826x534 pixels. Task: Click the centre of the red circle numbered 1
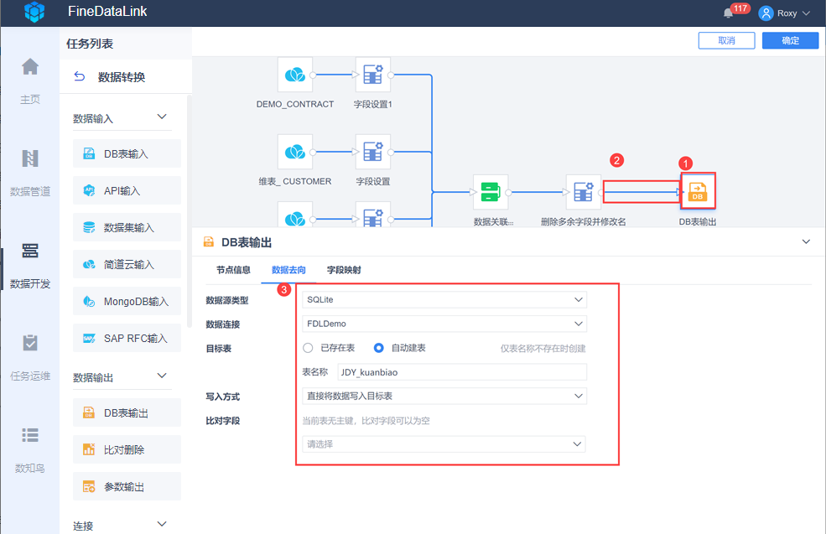point(685,163)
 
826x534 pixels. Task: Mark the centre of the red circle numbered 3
point(284,289)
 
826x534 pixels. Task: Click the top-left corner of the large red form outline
point(296,284)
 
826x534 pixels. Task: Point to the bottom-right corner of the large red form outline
point(619,465)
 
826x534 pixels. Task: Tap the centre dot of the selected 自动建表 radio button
point(378,348)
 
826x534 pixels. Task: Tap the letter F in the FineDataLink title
point(71,11)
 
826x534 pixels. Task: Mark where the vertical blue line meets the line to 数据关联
point(432,192)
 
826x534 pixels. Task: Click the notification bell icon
point(728,13)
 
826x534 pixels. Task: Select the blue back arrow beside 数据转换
point(79,77)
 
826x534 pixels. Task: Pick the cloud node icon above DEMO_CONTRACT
point(295,75)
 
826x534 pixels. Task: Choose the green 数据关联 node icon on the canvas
point(491,192)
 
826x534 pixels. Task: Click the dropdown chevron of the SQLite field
point(579,299)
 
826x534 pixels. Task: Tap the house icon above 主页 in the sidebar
point(30,67)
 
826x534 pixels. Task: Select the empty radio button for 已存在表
point(308,348)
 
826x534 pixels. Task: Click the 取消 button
point(726,40)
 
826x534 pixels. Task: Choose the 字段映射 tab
point(344,270)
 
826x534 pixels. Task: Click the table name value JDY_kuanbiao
point(369,372)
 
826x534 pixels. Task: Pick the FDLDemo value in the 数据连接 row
point(326,324)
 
